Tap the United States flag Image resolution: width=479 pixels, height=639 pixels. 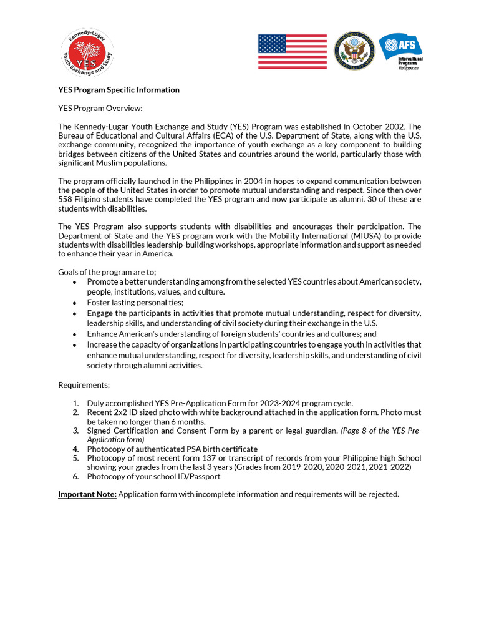[293, 52]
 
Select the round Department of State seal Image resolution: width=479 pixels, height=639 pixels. [354, 52]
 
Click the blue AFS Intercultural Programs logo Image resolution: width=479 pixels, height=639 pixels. [400, 51]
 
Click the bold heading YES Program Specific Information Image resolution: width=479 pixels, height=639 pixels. [119, 90]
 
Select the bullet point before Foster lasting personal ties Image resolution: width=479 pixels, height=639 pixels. [75, 303]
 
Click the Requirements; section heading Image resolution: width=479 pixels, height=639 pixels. [84, 385]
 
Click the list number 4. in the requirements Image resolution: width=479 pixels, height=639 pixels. [75, 449]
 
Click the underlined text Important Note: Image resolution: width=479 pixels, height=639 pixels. [87, 494]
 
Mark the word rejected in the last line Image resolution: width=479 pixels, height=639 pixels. [383, 494]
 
